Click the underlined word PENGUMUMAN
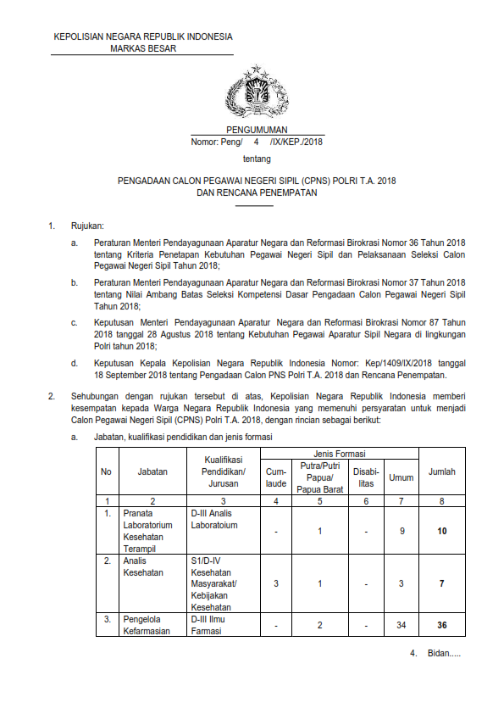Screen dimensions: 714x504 (x=252, y=130)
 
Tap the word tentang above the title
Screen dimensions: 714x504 (x=252, y=159)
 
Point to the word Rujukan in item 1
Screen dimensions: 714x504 (x=87, y=226)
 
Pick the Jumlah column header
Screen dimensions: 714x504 (x=442, y=471)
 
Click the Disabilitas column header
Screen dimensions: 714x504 (x=366, y=477)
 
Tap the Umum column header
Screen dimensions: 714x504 (x=401, y=477)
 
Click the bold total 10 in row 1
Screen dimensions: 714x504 (x=442, y=531)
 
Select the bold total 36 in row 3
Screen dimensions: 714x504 (x=442, y=626)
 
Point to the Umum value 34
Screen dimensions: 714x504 (x=401, y=626)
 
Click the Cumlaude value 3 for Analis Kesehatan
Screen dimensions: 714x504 (x=276, y=584)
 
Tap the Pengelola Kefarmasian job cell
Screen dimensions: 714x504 (x=152, y=626)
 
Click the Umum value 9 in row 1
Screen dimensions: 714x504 (x=401, y=531)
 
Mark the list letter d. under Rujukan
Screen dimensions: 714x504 (x=75, y=362)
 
